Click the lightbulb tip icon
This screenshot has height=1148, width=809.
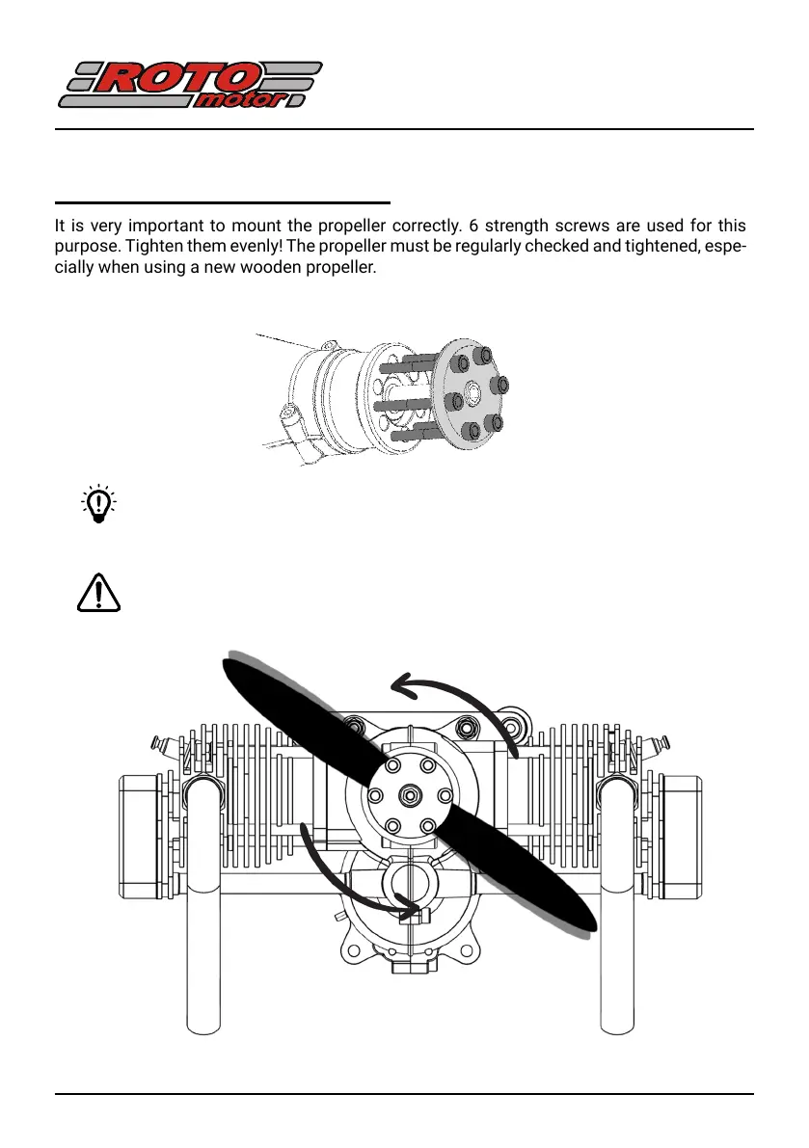pos(96,505)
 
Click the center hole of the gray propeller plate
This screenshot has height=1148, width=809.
pos(474,393)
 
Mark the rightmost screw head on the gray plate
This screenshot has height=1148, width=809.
pos(500,386)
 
